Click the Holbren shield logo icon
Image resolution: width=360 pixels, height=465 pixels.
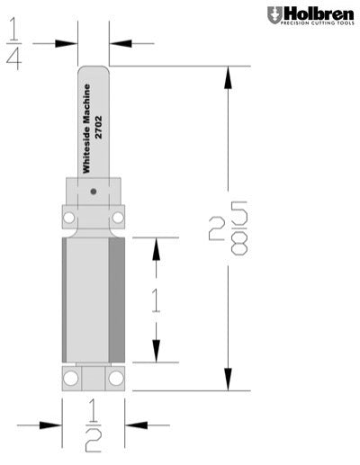[x=274, y=15]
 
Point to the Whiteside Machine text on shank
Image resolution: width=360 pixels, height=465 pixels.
[x=87, y=128]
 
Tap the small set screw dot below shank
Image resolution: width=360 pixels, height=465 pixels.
[x=94, y=191]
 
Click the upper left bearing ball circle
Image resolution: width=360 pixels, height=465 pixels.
[x=69, y=217]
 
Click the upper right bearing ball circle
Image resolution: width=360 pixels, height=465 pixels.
[x=117, y=217]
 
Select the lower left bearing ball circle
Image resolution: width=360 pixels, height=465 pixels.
[x=69, y=379]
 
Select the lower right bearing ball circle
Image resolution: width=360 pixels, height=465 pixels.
[x=117, y=379]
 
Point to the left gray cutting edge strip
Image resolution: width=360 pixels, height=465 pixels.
[x=67, y=300]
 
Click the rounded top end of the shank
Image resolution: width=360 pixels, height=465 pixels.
[x=94, y=71]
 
